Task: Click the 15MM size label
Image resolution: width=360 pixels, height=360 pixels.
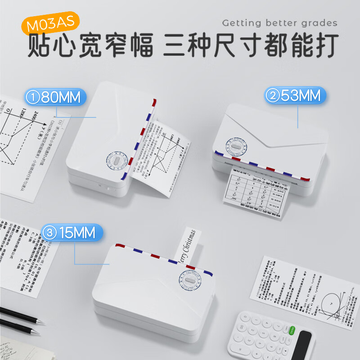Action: point(72,233)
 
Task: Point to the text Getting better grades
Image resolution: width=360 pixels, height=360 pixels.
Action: point(279,23)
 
